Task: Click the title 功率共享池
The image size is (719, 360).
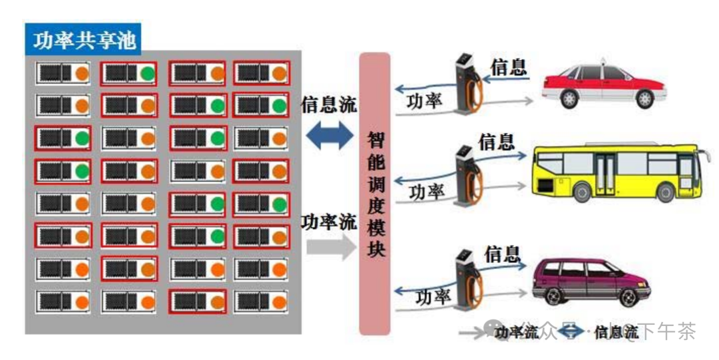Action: pos(85,41)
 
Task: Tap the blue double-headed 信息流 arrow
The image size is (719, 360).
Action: pos(330,135)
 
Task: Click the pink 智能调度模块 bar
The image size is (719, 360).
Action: pos(374,193)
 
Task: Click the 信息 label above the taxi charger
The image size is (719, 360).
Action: pos(509,67)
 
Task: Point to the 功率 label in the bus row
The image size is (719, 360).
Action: pos(427,192)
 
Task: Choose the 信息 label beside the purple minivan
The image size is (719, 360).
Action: pos(502,254)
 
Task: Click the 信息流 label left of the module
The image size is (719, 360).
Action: pos(329,105)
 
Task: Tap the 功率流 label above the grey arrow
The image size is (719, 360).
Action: pos(329,222)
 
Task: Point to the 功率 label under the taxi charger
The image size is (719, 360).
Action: pos(424,100)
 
